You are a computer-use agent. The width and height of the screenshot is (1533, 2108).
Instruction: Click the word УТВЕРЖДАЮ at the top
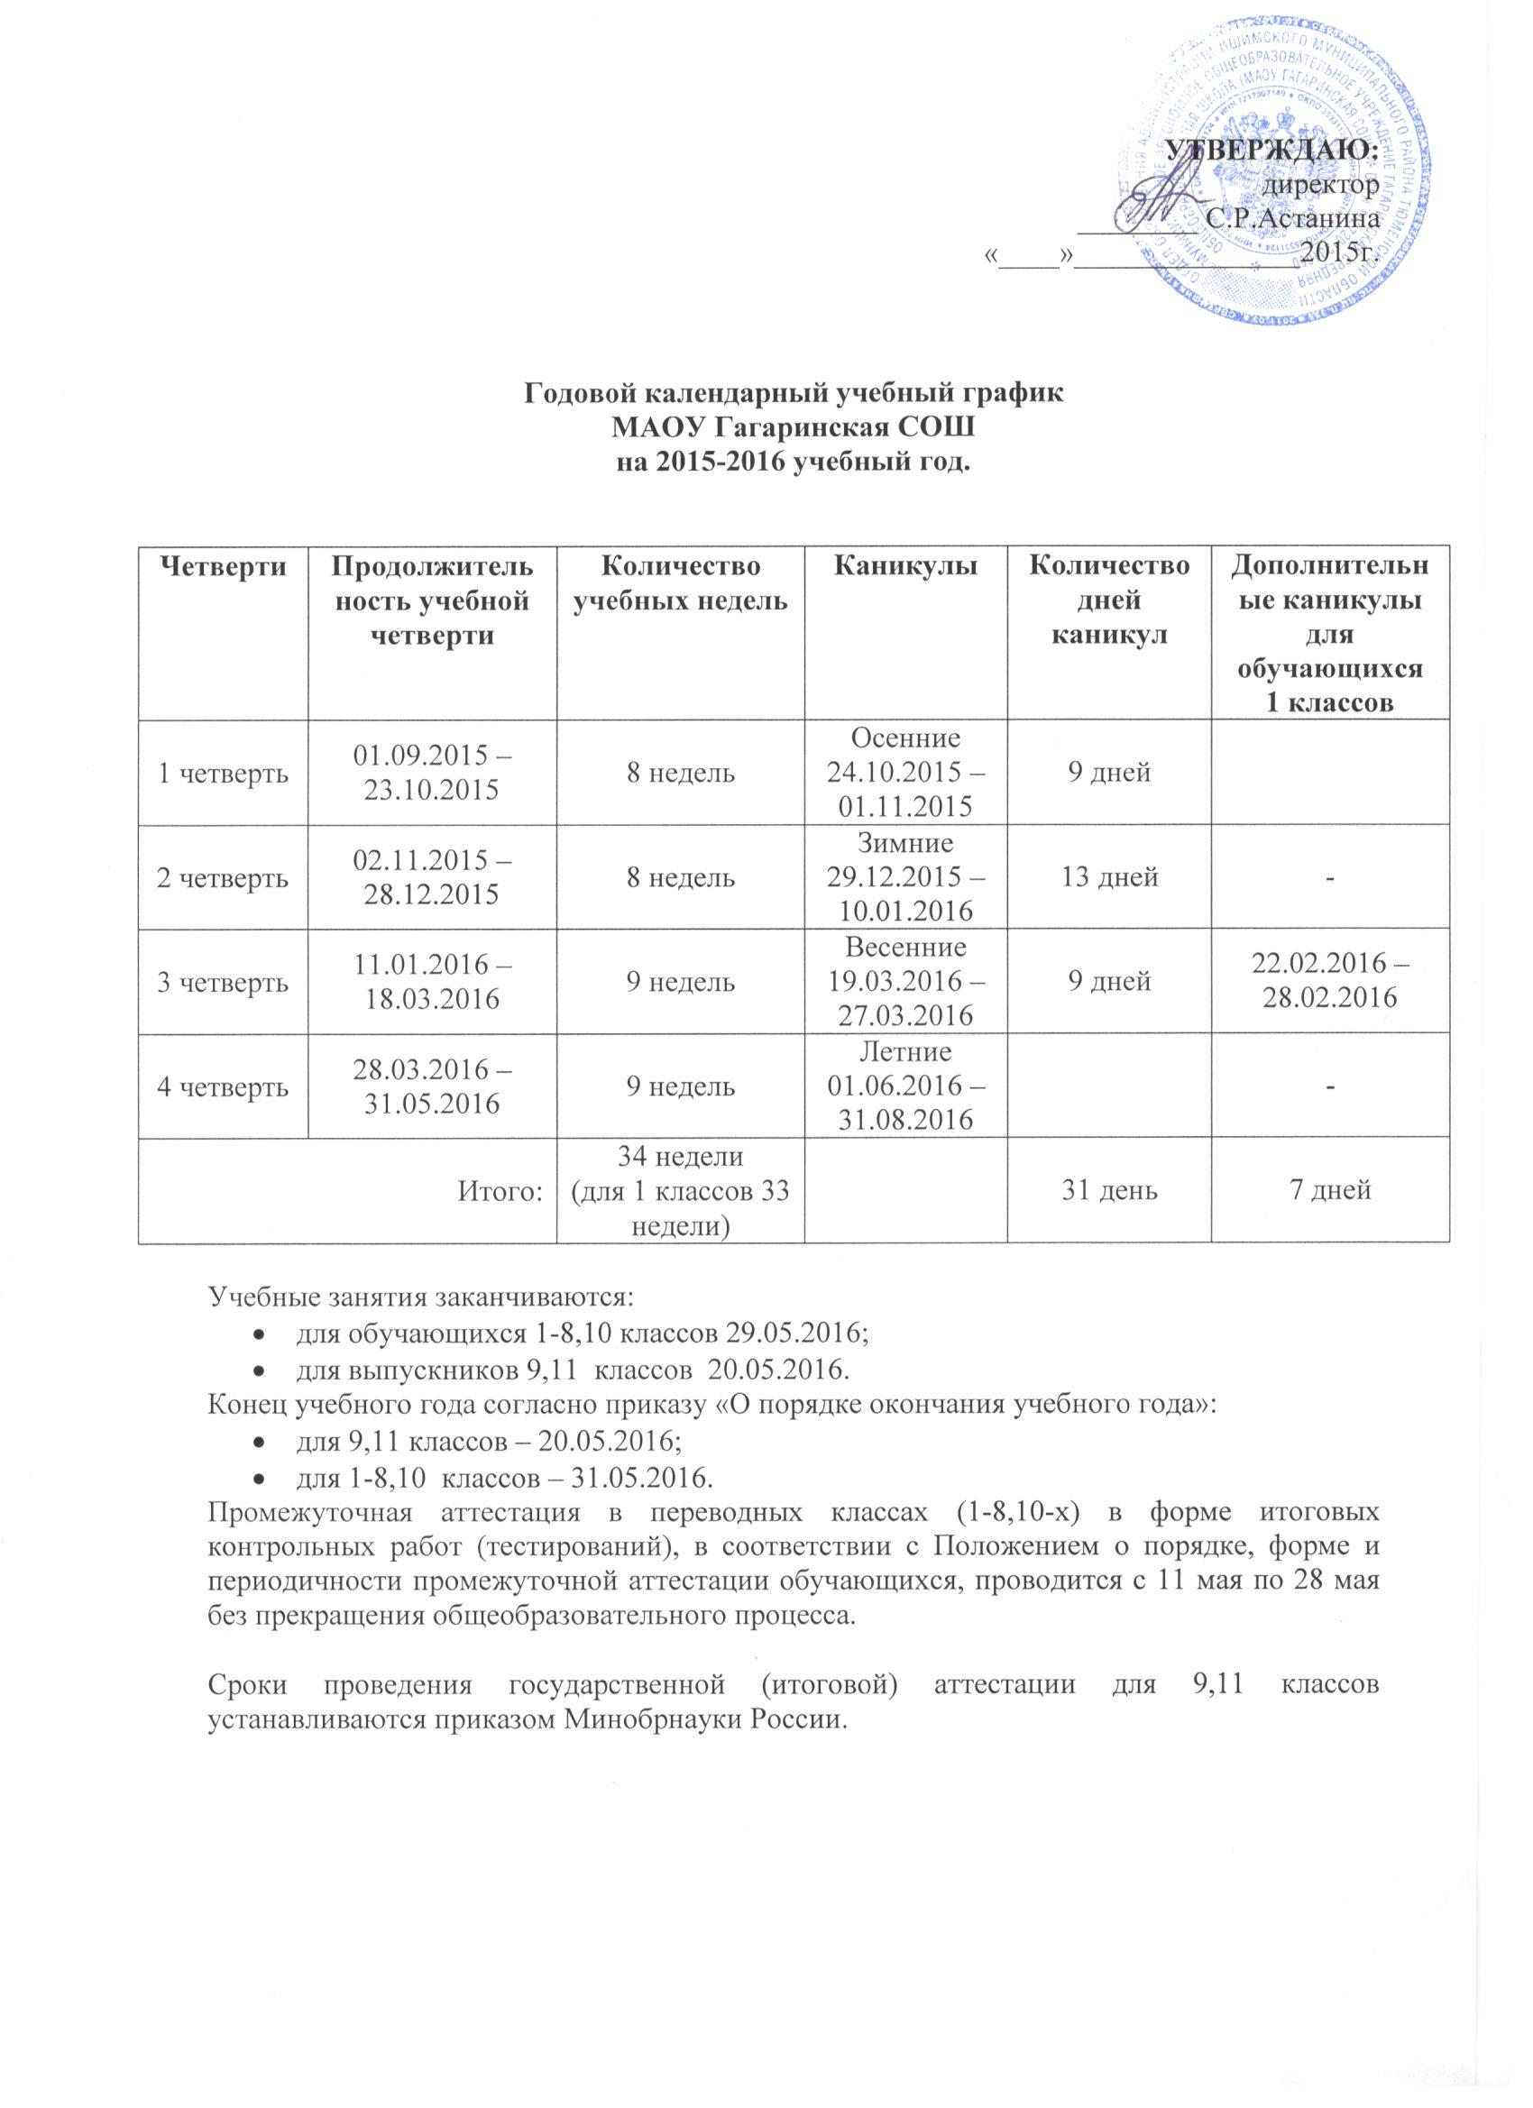(1271, 149)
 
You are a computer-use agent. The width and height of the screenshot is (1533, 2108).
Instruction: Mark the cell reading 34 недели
(680, 1158)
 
